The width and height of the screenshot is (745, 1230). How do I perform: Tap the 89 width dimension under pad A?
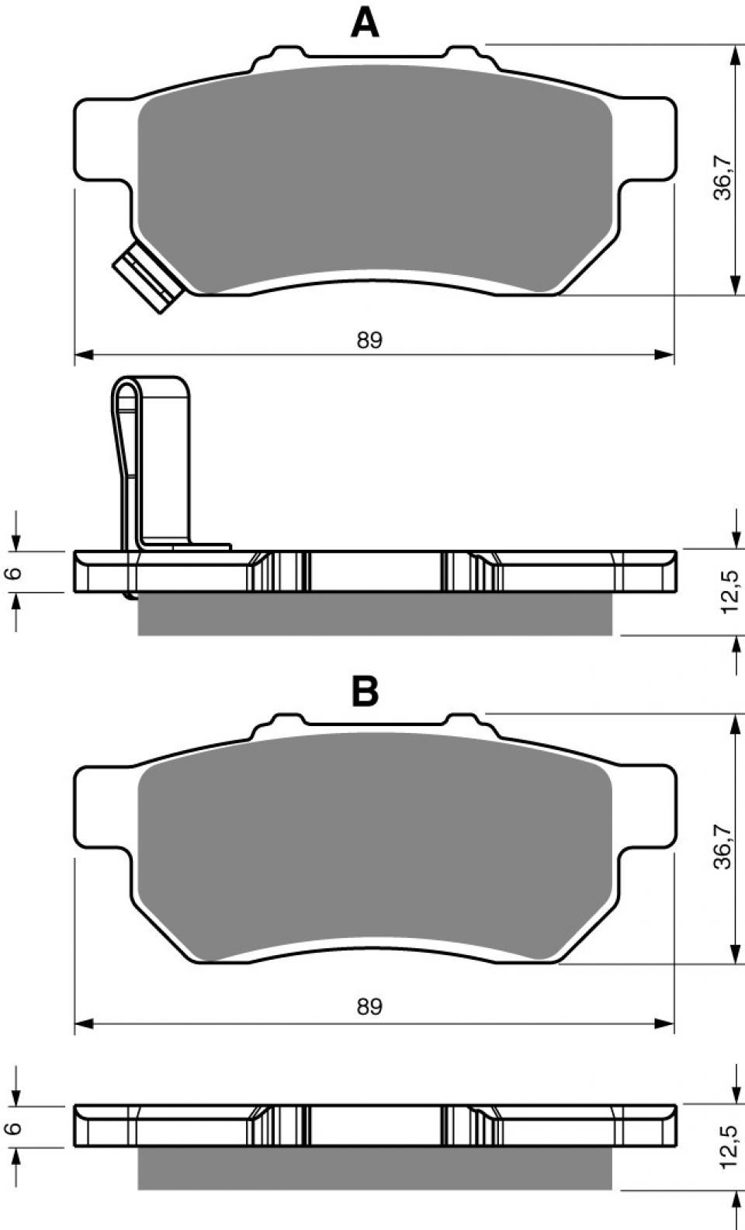point(369,340)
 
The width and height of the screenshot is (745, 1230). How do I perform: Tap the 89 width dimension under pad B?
point(369,1006)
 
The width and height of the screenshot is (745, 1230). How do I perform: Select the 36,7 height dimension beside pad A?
point(722,177)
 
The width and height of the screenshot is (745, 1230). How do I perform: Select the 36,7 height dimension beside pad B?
point(722,846)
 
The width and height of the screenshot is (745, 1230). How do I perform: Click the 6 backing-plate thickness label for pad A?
point(15,573)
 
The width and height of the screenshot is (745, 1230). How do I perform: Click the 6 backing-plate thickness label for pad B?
point(15,1127)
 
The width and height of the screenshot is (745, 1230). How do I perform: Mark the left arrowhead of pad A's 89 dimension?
point(83,356)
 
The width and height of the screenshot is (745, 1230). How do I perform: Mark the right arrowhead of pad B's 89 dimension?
point(664,1023)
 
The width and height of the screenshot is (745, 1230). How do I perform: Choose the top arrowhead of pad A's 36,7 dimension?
point(733,54)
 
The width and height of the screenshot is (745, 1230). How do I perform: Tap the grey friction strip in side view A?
point(375,614)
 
